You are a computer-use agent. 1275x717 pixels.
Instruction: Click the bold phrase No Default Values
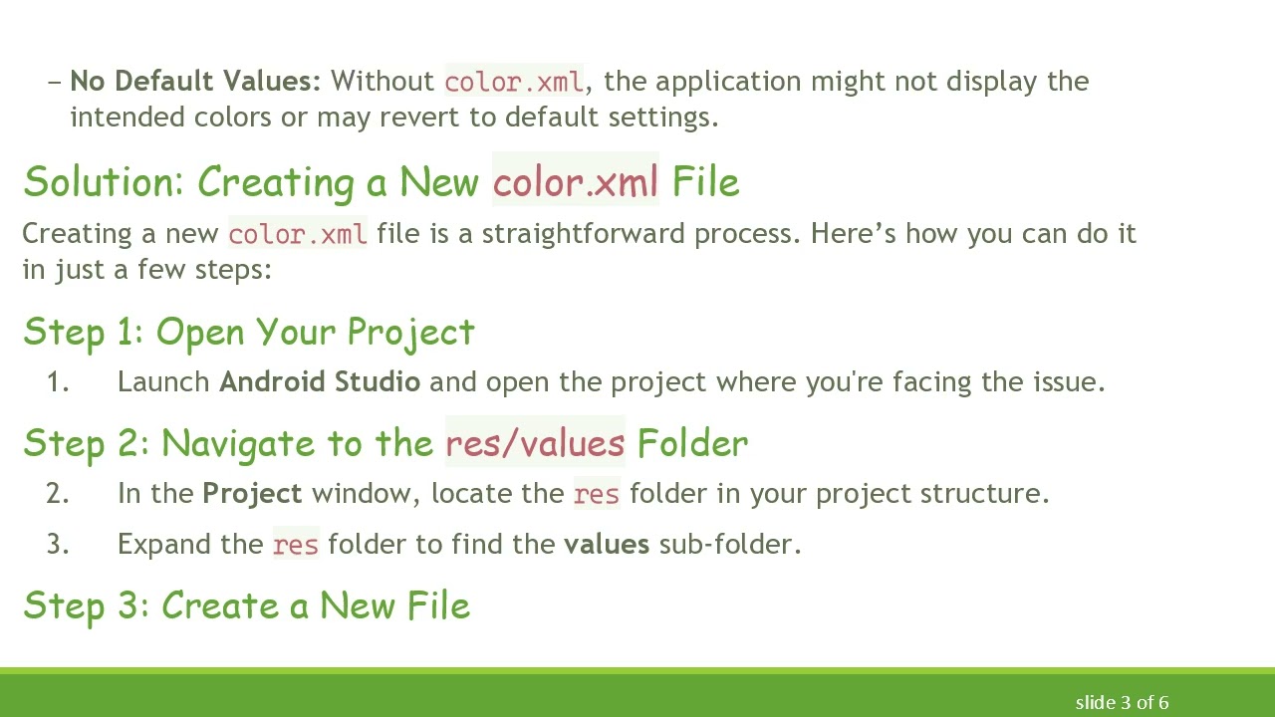[195, 82]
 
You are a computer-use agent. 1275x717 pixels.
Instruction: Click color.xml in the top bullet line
[514, 82]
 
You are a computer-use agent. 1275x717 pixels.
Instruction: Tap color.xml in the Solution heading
[575, 182]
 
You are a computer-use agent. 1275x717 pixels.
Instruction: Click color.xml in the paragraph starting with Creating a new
[297, 234]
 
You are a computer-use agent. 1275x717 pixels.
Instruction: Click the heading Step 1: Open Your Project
[249, 333]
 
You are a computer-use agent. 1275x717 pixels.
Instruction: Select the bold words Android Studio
[320, 382]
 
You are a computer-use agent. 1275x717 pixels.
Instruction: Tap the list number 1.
[58, 382]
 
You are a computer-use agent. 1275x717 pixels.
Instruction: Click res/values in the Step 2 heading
[535, 443]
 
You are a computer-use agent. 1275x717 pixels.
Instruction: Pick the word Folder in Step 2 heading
[692, 443]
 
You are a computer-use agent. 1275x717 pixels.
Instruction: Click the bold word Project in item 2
[252, 494]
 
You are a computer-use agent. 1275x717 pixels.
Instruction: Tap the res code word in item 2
[597, 494]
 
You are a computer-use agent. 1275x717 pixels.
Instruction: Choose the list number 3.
[58, 545]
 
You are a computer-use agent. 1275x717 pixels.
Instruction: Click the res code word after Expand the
[295, 545]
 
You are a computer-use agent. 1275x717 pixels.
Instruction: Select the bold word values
[607, 545]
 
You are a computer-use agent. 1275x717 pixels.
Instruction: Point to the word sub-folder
[729, 545]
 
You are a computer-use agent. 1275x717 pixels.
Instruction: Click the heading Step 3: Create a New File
[246, 605]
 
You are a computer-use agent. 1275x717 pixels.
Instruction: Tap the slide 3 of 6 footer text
[1122, 703]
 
